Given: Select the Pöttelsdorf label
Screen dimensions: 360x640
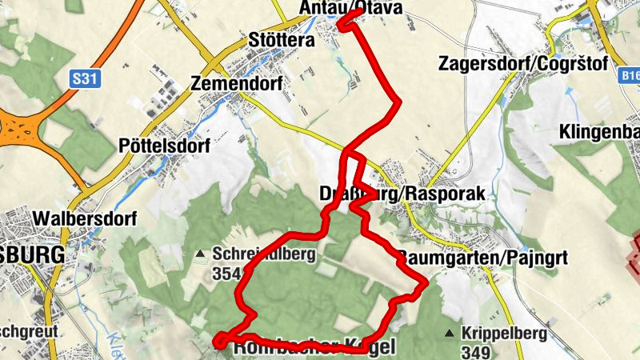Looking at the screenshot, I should pos(163,146).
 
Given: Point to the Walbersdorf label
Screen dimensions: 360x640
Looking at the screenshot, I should pos(86,218).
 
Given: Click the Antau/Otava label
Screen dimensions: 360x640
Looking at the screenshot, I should pos(350,8).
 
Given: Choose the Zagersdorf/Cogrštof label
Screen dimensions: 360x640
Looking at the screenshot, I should pos(524,63).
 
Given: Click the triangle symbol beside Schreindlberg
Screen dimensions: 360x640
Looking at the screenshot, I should pos(201,255).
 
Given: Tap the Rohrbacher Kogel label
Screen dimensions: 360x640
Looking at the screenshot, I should pos(312,349).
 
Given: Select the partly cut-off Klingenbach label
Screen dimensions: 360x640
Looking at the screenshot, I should pos(600,130).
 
